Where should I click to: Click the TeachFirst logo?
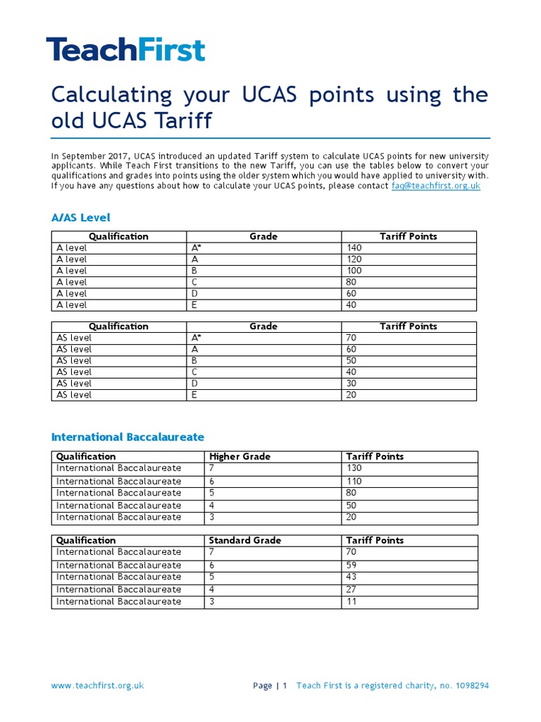pos(125,51)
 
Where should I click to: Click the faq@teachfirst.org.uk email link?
pos(435,185)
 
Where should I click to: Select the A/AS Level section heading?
pos(81,217)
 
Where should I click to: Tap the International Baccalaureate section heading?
pos(128,437)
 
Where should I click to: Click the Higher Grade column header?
pos(240,457)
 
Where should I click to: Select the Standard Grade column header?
pos(244,540)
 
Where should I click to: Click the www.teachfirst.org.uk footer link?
pos(97,685)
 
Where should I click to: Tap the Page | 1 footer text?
pos(270,685)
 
